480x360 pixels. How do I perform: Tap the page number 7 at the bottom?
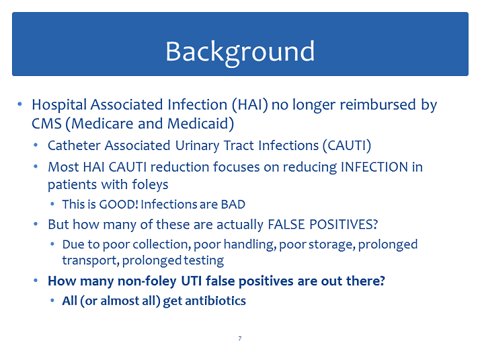pyautogui.click(x=240, y=338)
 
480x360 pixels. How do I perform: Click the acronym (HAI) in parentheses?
pyautogui.click(x=250, y=105)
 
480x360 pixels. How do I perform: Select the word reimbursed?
pyautogui.click(x=378, y=104)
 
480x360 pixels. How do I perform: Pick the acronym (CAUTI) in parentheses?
pyautogui.click(x=347, y=145)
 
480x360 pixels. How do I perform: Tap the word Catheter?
pyautogui.click(x=74, y=145)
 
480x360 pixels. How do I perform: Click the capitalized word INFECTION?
pyautogui.click(x=374, y=167)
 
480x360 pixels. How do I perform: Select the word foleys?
pyautogui.click(x=150, y=185)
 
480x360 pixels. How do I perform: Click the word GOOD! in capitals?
pyautogui.click(x=119, y=205)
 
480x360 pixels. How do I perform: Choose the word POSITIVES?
pyautogui.click(x=344, y=225)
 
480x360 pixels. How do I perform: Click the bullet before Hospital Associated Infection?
pyautogui.click(x=20, y=104)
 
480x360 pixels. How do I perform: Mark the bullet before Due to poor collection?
pyautogui.click(x=52, y=244)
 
